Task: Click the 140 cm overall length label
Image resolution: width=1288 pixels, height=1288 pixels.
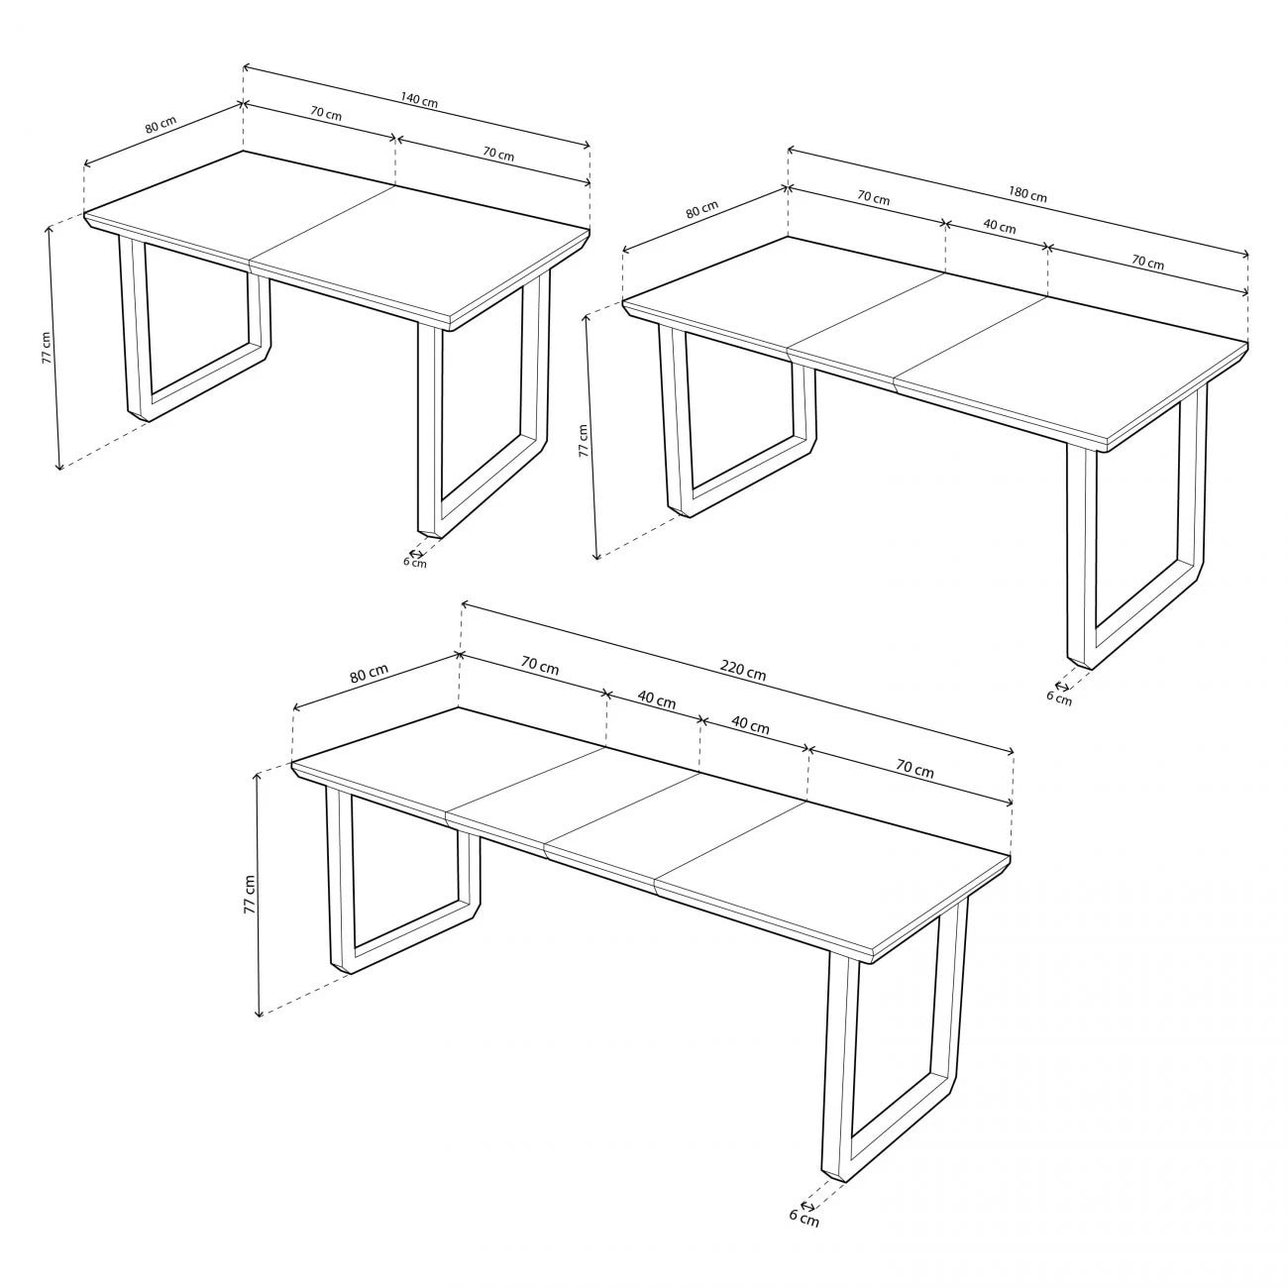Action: point(419,100)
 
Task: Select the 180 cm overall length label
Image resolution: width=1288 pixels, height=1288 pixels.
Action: point(1027,195)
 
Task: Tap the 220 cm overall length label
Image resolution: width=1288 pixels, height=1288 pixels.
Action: point(742,671)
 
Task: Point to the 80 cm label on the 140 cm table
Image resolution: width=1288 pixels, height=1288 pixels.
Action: point(161,126)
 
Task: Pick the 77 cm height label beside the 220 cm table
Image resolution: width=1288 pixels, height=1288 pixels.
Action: point(250,894)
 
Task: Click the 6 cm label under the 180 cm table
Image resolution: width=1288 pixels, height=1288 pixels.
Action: point(1059,698)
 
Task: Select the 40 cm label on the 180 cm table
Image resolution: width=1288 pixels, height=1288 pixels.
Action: point(1000,226)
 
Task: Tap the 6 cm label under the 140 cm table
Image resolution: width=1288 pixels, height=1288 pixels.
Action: point(414,563)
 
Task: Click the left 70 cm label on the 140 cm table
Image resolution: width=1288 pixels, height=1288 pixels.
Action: point(326,113)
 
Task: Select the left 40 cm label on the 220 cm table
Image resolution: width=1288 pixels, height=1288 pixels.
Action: point(656,700)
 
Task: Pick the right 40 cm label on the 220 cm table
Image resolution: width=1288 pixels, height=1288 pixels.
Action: point(750,725)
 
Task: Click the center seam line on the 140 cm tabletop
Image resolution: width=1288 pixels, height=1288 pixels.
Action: point(322,224)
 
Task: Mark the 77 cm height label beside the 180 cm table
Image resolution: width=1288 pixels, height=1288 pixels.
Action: point(584,440)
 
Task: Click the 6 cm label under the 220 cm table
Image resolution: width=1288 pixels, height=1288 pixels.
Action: point(804,1217)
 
